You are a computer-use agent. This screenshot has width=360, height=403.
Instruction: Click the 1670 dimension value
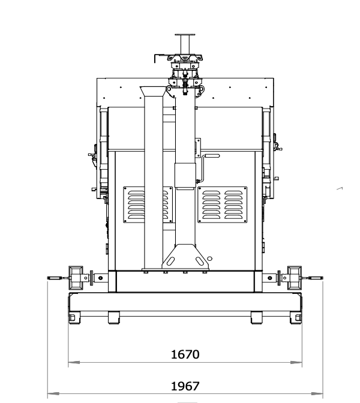click(x=185, y=354)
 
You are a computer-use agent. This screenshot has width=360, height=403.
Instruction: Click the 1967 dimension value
click(x=185, y=386)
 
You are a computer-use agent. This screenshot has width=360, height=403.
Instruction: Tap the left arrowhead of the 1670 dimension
click(x=74, y=363)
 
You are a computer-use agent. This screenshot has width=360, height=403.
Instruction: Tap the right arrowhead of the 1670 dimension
click(x=296, y=363)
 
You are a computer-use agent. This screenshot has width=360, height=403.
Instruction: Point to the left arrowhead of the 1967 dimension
click(x=53, y=394)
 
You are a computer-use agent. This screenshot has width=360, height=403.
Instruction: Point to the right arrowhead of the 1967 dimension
click(x=317, y=394)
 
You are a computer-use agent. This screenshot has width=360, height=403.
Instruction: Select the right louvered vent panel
click(x=223, y=204)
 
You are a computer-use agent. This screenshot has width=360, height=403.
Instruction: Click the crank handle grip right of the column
click(x=211, y=156)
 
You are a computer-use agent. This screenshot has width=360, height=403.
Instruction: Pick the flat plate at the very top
click(x=185, y=34)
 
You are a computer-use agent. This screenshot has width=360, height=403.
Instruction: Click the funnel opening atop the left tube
click(x=153, y=91)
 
